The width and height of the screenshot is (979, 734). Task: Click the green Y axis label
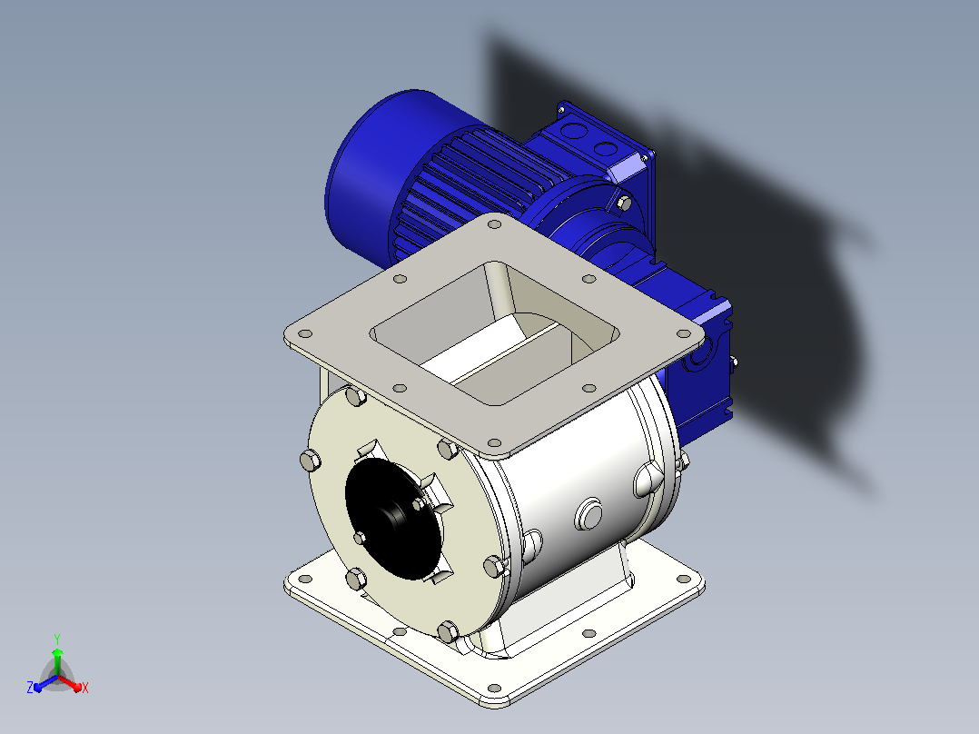(57, 639)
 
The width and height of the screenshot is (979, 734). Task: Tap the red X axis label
(85, 688)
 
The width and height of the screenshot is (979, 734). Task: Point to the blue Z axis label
(30, 687)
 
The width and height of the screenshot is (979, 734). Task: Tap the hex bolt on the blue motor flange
(623, 203)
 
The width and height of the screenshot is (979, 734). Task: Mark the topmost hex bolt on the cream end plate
(355, 396)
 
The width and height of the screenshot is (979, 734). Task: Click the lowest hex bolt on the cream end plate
(448, 631)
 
